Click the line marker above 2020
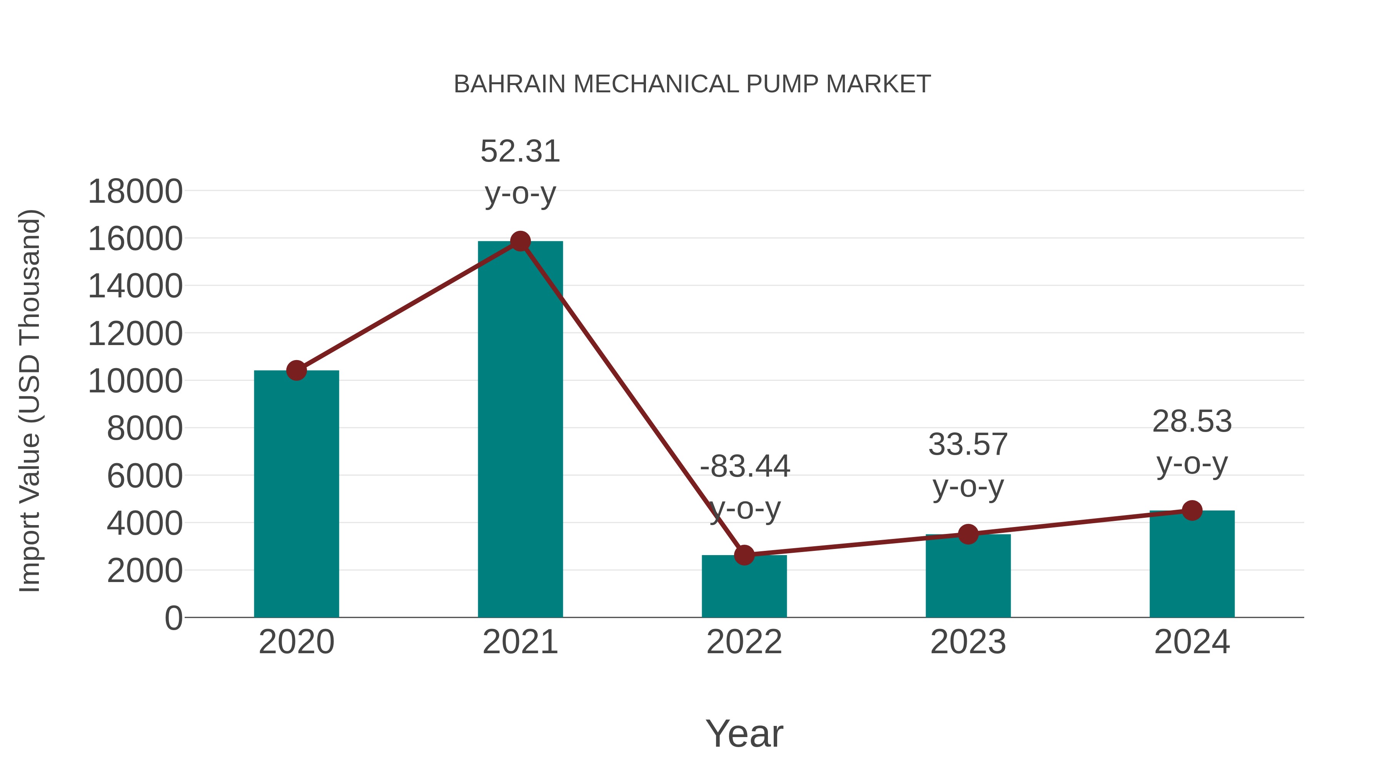296,370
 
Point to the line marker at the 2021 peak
520,241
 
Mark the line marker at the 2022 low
744,555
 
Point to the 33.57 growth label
968,445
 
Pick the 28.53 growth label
1192,422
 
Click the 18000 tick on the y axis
135,192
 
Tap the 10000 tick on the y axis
135,381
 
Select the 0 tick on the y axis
173,618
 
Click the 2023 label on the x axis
968,642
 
